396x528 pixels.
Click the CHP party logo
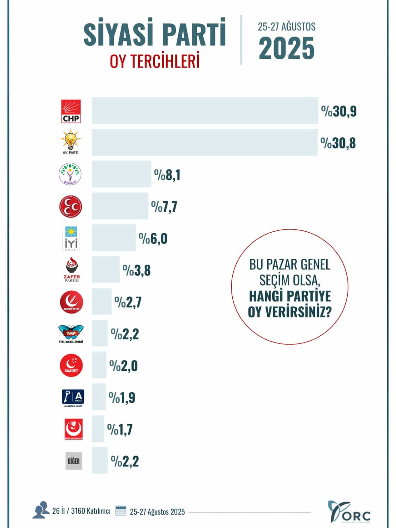tap(71, 112)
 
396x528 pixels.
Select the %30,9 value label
tap(339, 112)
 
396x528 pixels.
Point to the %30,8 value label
tap(338, 143)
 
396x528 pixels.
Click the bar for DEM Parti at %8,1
tap(121, 174)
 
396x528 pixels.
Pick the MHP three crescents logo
tap(71, 207)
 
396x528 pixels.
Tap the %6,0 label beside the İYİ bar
tap(153, 239)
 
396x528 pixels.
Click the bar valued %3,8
tap(106, 269)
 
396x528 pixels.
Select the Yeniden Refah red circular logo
tap(71, 302)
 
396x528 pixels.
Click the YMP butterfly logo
tap(71, 333)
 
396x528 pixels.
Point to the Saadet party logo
tap(71, 366)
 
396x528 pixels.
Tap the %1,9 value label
tap(122, 398)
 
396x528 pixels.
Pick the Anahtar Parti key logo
tap(73, 397)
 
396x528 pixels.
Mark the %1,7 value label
tap(120, 429)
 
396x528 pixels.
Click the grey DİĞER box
tap(74, 461)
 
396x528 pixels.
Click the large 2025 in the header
tap(286, 48)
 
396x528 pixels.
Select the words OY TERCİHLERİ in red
tap(155, 61)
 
